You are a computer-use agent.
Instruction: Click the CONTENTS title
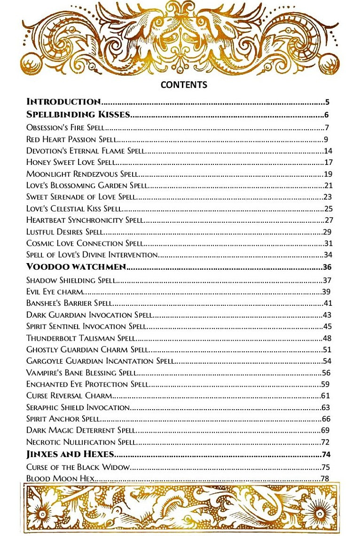(x=184, y=85)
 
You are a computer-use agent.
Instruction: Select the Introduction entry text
(x=63, y=101)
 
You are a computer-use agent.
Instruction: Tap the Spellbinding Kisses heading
(x=78, y=114)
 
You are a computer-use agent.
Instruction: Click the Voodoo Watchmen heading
(x=76, y=267)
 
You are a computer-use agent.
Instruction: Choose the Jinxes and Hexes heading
(x=70, y=454)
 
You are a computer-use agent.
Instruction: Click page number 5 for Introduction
(x=327, y=102)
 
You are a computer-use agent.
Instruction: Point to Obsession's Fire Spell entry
(x=65, y=127)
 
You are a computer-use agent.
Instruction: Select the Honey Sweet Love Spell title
(x=70, y=163)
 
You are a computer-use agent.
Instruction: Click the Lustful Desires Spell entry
(x=64, y=232)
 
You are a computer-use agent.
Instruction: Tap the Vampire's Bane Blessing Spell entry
(x=81, y=373)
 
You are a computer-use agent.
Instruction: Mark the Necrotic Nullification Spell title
(x=81, y=442)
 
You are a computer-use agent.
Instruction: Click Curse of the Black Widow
(x=78, y=467)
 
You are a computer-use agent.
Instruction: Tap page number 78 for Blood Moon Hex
(x=325, y=478)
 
